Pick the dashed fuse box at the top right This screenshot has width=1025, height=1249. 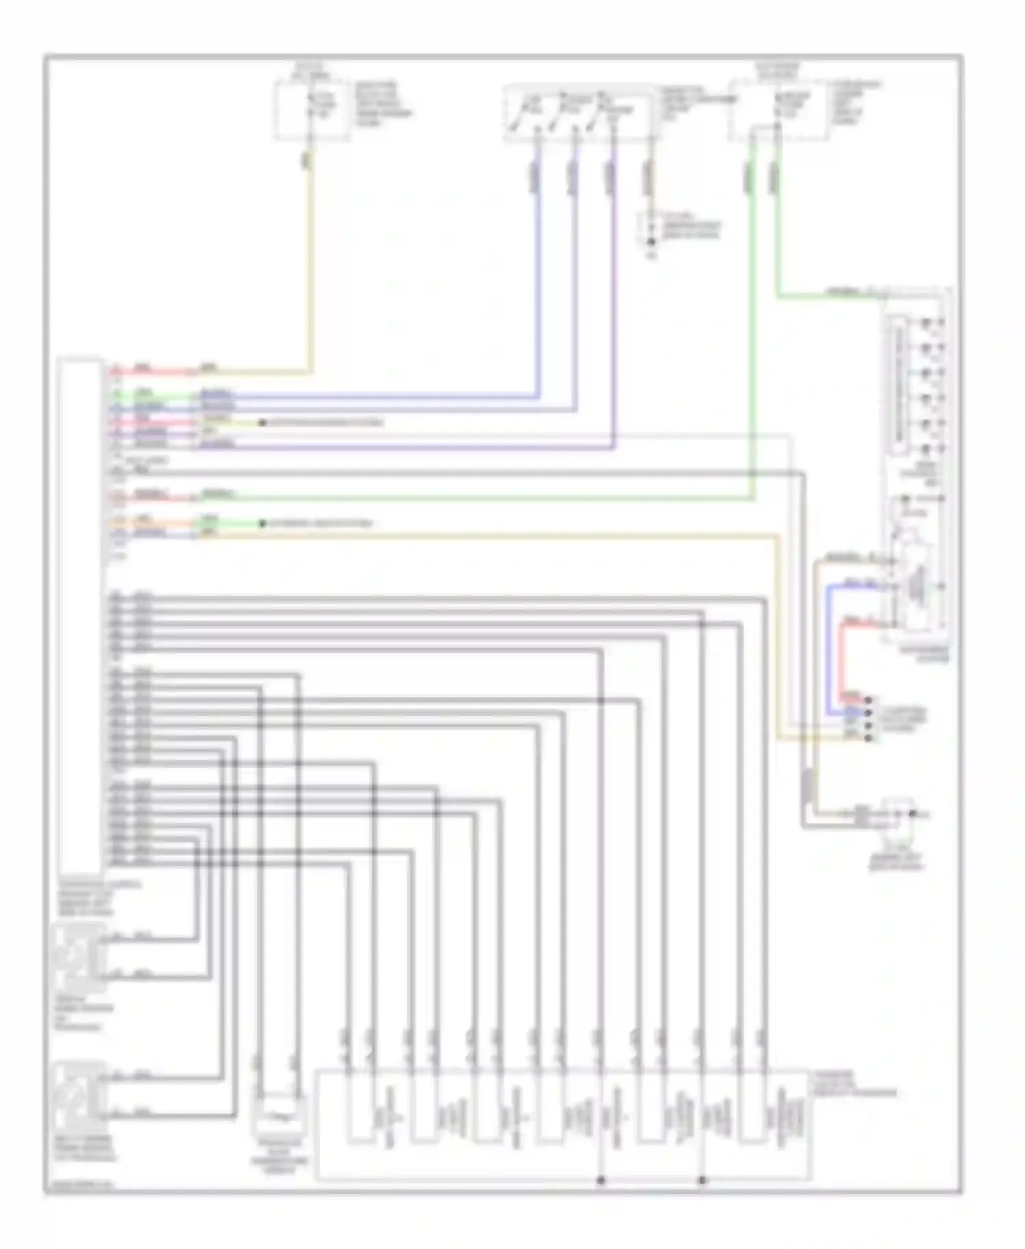pos(779,109)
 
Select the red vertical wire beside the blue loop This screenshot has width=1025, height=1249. pos(843,656)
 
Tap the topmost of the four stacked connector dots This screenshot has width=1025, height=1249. pos(869,700)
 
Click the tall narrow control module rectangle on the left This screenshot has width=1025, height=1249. pos(81,615)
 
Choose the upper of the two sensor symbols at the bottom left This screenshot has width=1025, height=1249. pos(79,957)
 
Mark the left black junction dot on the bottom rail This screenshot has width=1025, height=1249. pos(601,1180)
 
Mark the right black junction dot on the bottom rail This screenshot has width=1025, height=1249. pos(702,1180)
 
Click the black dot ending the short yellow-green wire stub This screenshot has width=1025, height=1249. pos(262,423)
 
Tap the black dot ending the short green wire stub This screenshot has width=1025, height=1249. pos(262,524)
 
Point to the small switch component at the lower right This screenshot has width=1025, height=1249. pos(899,816)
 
